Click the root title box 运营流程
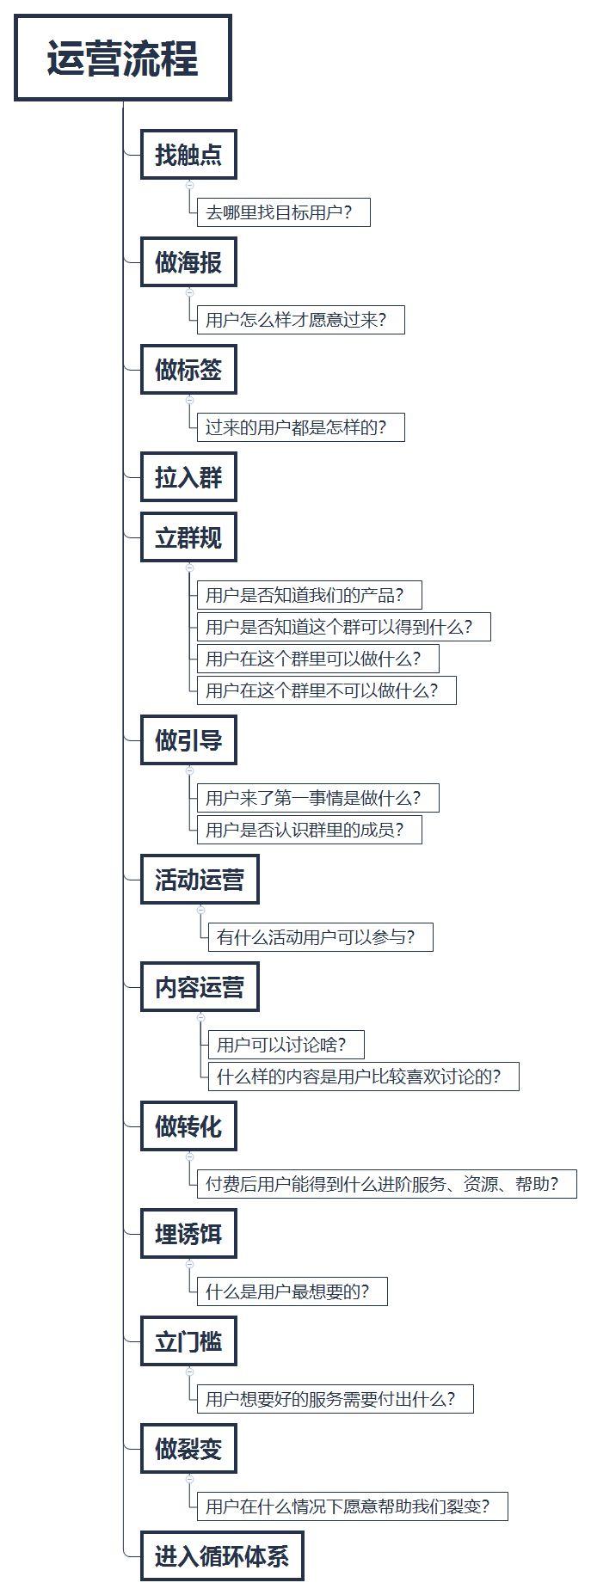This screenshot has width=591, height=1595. (x=123, y=58)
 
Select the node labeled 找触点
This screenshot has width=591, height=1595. (x=188, y=155)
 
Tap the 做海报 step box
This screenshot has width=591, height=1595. (x=188, y=262)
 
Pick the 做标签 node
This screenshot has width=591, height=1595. (x=188, y=370)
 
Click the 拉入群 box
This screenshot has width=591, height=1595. (x=188, y=477)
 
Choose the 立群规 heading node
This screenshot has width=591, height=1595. (x=188, y=537)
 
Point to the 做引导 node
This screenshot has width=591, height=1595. (x=188, y=739)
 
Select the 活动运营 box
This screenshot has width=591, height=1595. (x=200, y=880)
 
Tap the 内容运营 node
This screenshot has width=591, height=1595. (x=200, y=987)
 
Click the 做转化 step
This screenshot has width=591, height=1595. (x=188, y=1126)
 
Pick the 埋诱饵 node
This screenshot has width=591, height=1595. (x=188, y=1234)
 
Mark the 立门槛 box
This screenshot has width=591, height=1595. (x=188, y=1341)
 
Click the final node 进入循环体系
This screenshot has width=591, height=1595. (x=222, y=1555)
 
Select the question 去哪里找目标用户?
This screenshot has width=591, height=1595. (x=283, y=212)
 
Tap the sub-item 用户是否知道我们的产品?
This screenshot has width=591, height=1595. (x=309, y=595)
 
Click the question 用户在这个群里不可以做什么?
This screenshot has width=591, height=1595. (x=326, y=690)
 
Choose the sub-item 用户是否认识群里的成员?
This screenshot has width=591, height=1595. (x=309, y=830)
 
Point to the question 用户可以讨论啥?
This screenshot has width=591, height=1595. (x=286, y=1045)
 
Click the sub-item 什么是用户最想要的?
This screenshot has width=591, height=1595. (x=292, y=1291)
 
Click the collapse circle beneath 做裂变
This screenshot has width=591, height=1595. (x=190, y=1479)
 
